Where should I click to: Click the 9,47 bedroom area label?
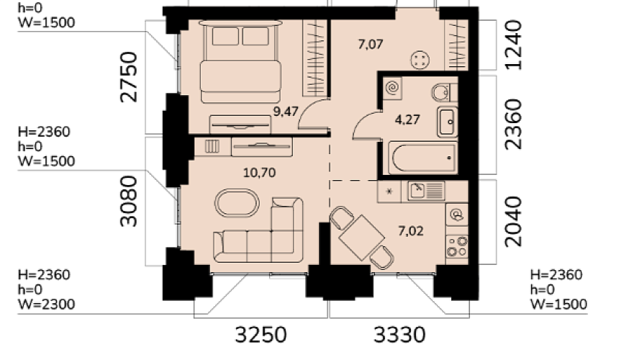(286, 112)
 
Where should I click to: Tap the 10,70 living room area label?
(259, 173)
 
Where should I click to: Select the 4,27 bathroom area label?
(407, 120)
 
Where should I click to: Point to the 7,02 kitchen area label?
(411, 230)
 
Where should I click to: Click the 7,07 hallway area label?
(371, 44)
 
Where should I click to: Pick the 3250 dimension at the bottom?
(261, 335)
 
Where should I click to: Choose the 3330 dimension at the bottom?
(399, 335)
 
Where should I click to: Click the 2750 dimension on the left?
(129, 77)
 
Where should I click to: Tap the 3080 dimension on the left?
(129, 202)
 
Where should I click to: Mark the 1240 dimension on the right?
(513, 45)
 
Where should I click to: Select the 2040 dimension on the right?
(513, 222)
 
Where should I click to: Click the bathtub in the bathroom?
(423, 158)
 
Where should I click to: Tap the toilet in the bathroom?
(443, 93)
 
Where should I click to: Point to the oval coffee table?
(237, 203)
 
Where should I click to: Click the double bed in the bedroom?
(240, 62)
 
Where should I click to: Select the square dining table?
(361, 238)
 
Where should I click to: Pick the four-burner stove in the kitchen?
(457, 247)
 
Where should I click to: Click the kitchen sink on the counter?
(426, 192)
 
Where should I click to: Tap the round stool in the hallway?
(420, 60)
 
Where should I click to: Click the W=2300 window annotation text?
(47, 305)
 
